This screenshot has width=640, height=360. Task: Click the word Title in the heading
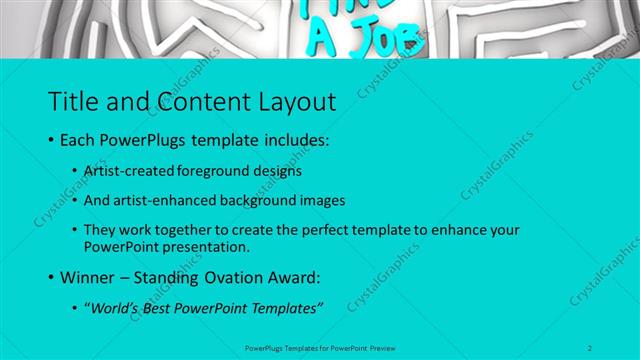tap(71, 100)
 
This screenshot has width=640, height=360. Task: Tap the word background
tap(263, 200)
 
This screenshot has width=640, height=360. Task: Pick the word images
tap(323, 200)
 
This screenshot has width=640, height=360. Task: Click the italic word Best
tap(163, 308)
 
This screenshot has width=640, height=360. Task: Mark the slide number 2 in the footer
tap(590, 347)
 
